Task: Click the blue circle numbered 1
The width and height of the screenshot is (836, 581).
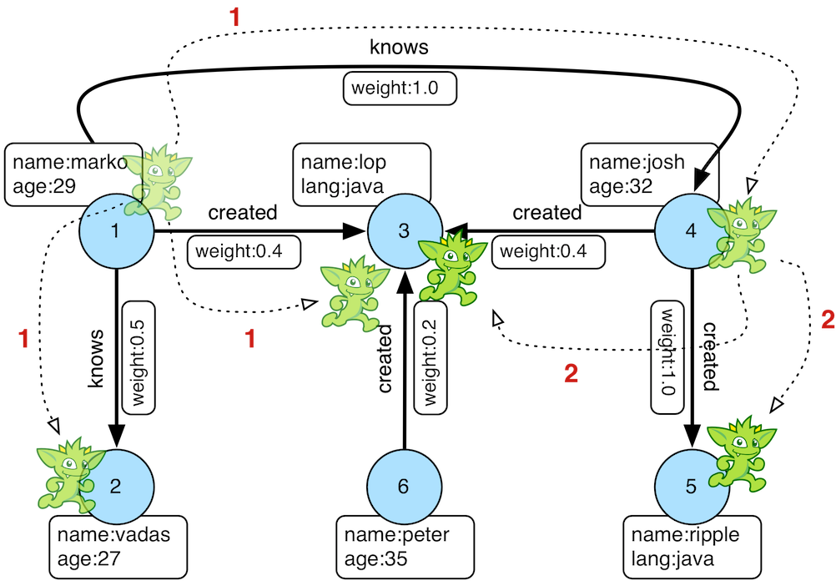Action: pos(115,231)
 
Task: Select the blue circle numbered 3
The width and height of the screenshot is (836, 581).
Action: pos(403,231)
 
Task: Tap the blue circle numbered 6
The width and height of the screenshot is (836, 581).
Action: pos(403,487)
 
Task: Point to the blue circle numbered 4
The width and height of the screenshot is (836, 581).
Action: pos(689,231)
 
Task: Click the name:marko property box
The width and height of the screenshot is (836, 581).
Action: pos(67,174)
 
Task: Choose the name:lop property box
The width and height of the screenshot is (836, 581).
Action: pos(361,173)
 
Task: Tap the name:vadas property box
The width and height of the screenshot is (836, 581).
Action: pos(117,546)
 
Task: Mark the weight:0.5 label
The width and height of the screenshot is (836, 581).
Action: pos(138,356)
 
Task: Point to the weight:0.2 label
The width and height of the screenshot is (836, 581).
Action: pos(429,356)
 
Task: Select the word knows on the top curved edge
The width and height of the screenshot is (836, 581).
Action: pos(399,48)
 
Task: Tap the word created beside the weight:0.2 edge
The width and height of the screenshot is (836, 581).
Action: pos(385,360)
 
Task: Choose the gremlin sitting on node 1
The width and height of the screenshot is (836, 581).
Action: pos(162,184)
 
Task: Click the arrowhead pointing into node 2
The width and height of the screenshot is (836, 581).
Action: pos(116,434)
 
